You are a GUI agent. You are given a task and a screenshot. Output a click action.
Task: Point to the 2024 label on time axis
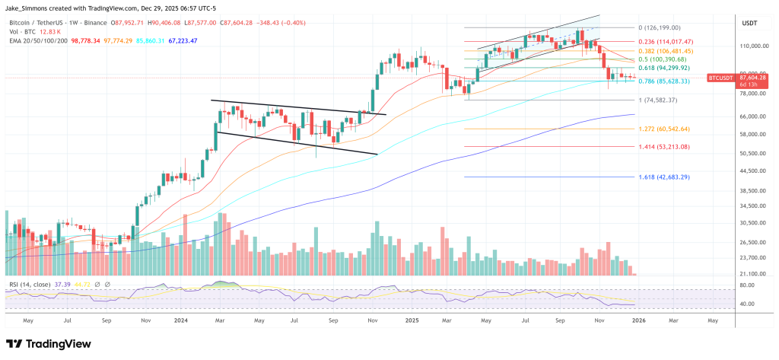(182, 320)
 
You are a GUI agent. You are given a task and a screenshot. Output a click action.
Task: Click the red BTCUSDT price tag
(720, 78)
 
